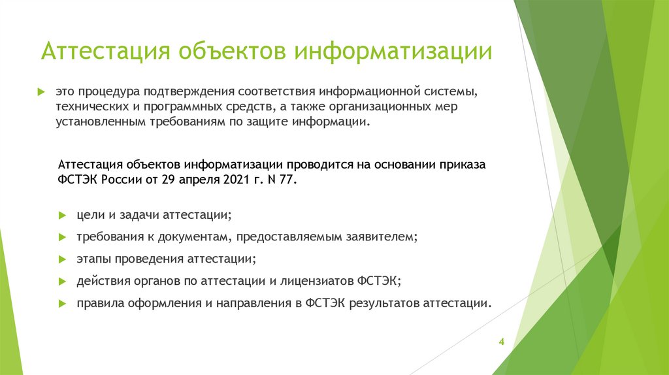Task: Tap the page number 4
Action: [x=501, y=342]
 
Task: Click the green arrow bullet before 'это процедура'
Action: [x=41, y=90]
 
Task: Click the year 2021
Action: [x=225, y=180]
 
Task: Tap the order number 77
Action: [x=287, y=180]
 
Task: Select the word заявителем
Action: [x=382, y=236]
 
